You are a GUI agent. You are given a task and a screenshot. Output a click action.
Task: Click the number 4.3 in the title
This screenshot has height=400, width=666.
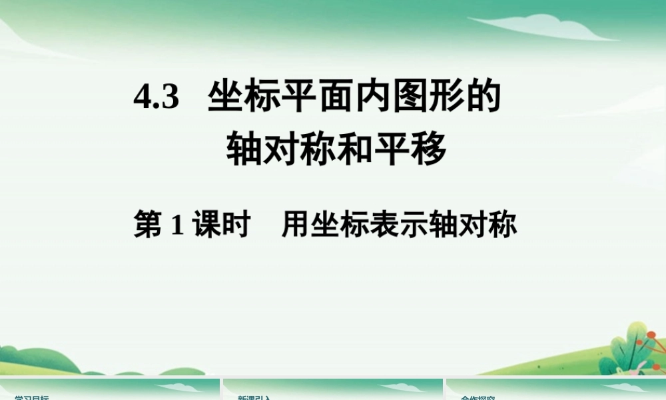tap(157, 99)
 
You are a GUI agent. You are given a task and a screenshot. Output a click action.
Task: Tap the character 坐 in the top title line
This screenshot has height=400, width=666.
tap(224, 97)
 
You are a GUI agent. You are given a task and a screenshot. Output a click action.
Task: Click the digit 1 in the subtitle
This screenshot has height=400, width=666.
tap(177, 225)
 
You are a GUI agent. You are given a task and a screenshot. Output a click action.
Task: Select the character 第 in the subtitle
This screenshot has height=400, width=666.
tap(148, 225)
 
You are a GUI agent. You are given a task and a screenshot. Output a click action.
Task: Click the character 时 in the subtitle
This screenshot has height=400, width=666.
tap(236, 225)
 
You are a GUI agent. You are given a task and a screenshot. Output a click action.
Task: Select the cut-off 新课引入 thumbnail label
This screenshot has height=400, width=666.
tap(254, 397)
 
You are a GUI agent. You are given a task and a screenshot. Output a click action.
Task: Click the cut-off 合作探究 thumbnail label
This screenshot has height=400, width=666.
tap(477, 397)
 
